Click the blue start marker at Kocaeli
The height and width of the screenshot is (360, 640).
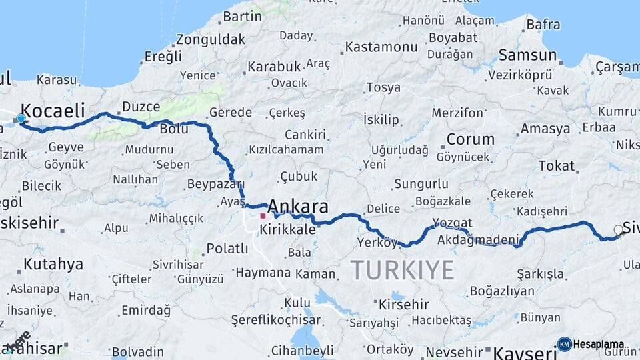coord(21,119)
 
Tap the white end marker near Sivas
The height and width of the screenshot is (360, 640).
coord(618,230)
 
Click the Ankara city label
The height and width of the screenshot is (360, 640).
coord(297,206)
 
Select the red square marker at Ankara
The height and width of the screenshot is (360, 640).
coord(263,216)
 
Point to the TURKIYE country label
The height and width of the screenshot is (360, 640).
coord(402,270)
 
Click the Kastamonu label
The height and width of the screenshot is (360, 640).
coord(381,47)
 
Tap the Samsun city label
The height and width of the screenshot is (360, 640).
coord(527,55)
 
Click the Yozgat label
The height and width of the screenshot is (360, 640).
coord(452,223)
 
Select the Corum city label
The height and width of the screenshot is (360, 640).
coord(470,140)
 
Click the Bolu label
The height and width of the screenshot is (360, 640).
coord(174,129)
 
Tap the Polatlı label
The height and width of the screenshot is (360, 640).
coord(227,249)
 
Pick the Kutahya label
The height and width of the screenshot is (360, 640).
coord(53,265)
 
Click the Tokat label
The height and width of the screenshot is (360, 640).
coord(556,166)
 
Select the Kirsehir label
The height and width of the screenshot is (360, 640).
coord(403,305)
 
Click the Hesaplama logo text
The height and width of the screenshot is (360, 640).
coord(598,344)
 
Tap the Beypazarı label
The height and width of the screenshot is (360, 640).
coord(215,184)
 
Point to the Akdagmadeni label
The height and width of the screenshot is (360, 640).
coord(479,240)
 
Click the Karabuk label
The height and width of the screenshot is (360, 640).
coord(274,67)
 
